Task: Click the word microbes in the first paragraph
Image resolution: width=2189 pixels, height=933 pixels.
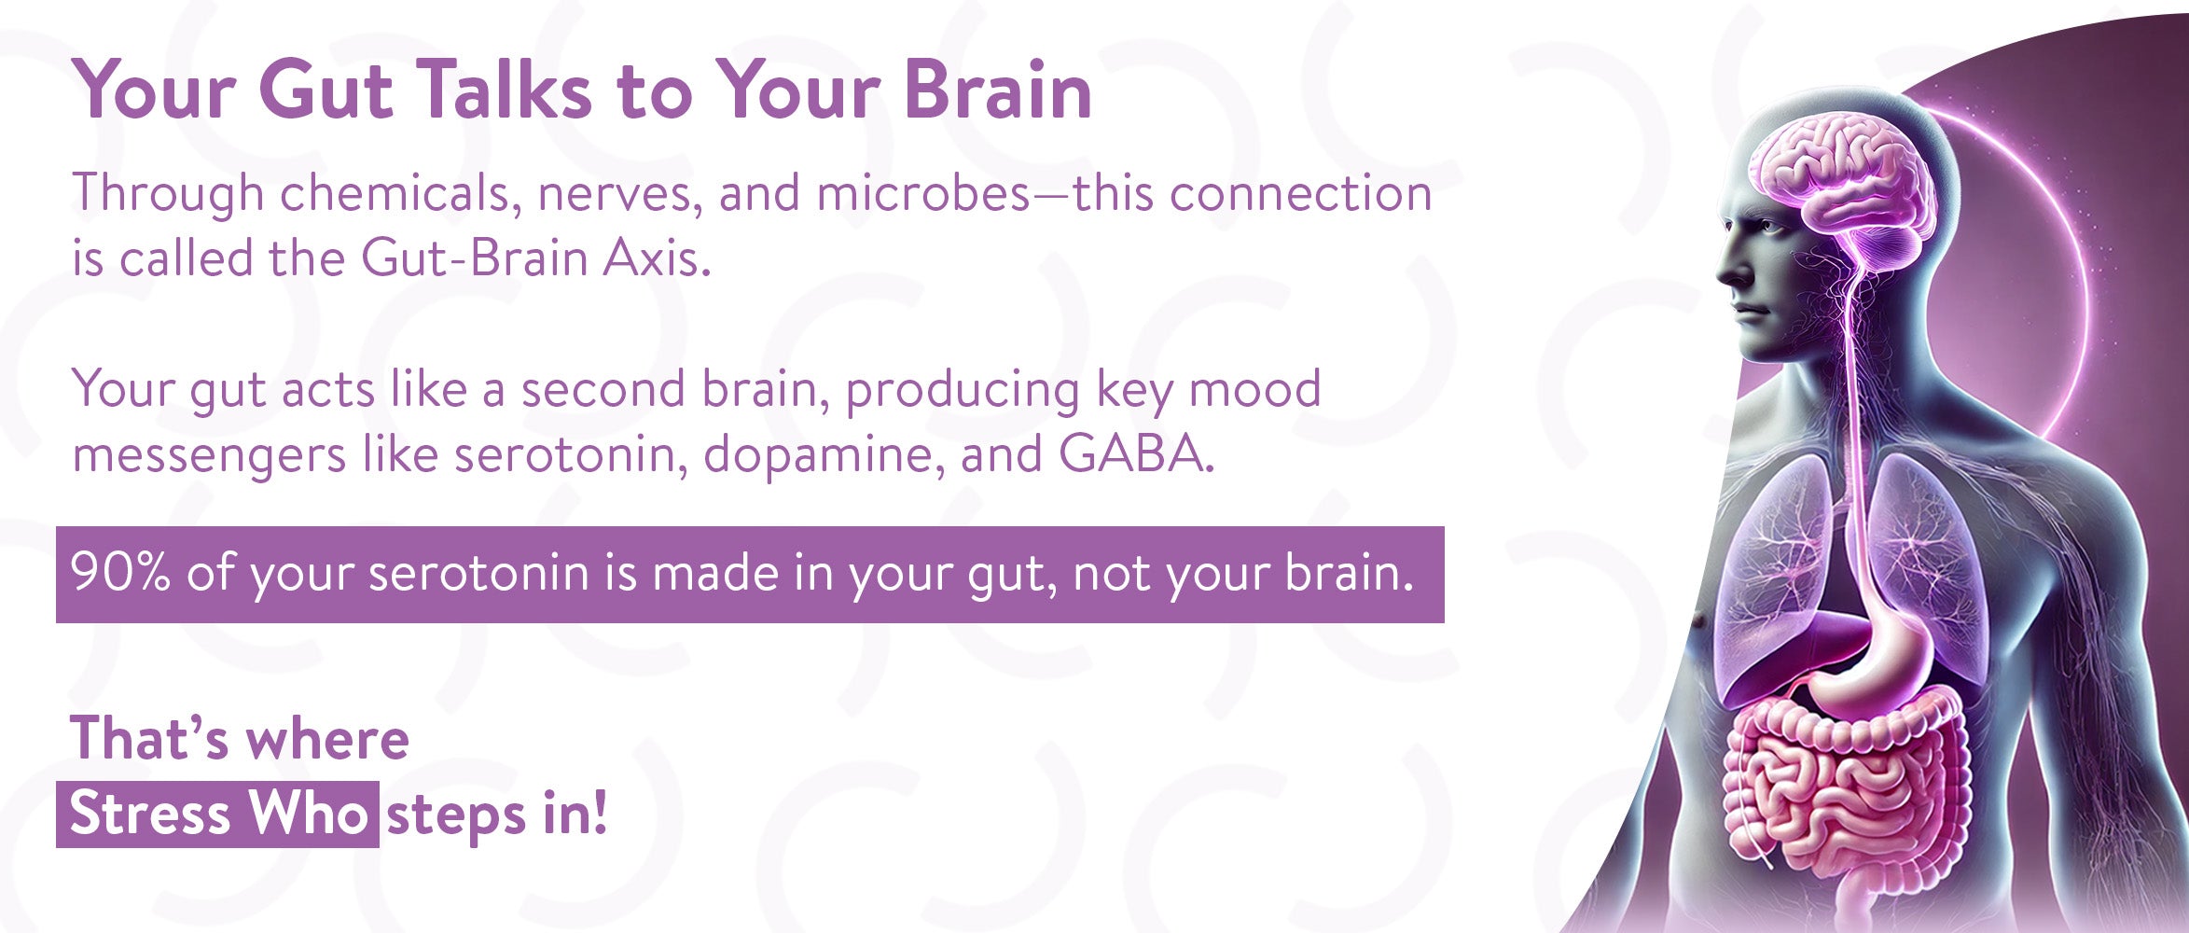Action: pyautogui.click(x=923, y=193)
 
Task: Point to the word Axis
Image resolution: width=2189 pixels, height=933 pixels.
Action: pyautogui.click(x=657, y=258)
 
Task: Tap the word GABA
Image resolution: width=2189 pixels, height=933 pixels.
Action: pyautogui.click(x=1137, y=454)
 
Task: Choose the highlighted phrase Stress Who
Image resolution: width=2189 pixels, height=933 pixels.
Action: pyautogui.click(x=218, y=814)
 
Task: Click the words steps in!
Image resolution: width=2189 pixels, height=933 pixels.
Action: pyautogui.click(x=497, y=815)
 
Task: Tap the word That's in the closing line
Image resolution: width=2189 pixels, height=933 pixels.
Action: pyautogui.click(x=149, y=739)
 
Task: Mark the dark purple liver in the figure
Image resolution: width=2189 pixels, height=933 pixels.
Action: pyautogui.click(x=1781, y=658)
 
